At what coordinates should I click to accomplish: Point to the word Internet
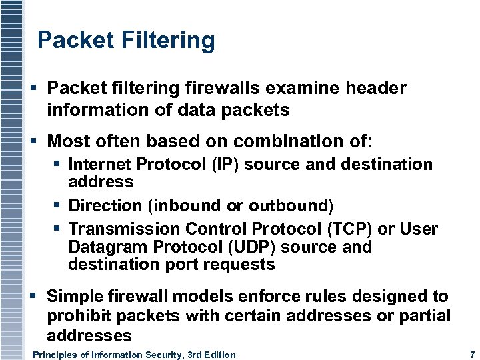coord(101,165)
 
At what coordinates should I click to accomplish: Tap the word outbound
coord(290,205)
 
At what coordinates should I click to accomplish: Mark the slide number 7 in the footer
coord(472,355)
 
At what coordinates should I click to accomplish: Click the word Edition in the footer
coord(218,355)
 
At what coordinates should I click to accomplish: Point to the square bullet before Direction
coord(58,205)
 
